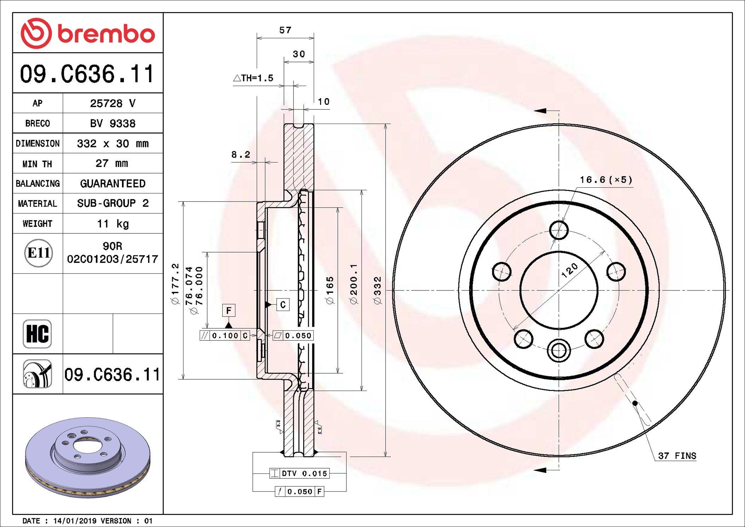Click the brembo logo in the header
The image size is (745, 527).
click(88, 33)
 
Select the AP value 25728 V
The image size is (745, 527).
click(113, 103)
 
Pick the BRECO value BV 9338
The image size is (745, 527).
click(113, 123)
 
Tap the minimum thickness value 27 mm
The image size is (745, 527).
click(112, 163)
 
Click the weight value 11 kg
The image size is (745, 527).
click(113, 224)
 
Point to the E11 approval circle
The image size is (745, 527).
click(39, 253)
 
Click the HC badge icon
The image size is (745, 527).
click(37, 334)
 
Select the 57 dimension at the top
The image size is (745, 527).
click(285, 30)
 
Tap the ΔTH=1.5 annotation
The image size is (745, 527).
click(253, 78)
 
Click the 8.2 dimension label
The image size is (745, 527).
click(241, 154)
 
